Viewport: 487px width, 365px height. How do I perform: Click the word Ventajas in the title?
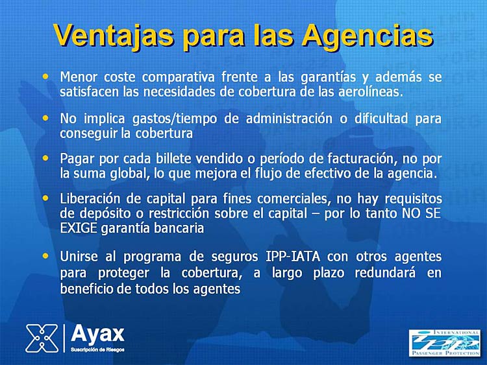click(x=114, y=35)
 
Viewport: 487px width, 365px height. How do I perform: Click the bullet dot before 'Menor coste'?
click(x=45, y=76)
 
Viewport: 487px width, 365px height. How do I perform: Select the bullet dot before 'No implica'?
click(x=45, y=118)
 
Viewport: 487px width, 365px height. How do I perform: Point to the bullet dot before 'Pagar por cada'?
click(x=45, y=158)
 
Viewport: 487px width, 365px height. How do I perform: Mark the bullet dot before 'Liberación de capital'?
click(x=45, y=198)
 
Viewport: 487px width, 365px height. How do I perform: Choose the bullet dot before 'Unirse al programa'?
click(x=45, y=256)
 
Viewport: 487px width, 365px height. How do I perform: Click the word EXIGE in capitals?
click(x=79, y=228)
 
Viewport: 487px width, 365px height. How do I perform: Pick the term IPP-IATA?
click(x=293, y=257)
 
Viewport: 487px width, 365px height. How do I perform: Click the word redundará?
click(x=385, y=273)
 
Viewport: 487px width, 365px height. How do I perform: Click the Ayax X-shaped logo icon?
click(x=42, y=338)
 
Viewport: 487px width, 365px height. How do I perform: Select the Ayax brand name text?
click(x=97, y=334)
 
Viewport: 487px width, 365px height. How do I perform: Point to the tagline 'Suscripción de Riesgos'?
click(x=97, y=349)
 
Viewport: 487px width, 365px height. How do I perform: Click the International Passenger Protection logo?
click(x=444, y=343)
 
